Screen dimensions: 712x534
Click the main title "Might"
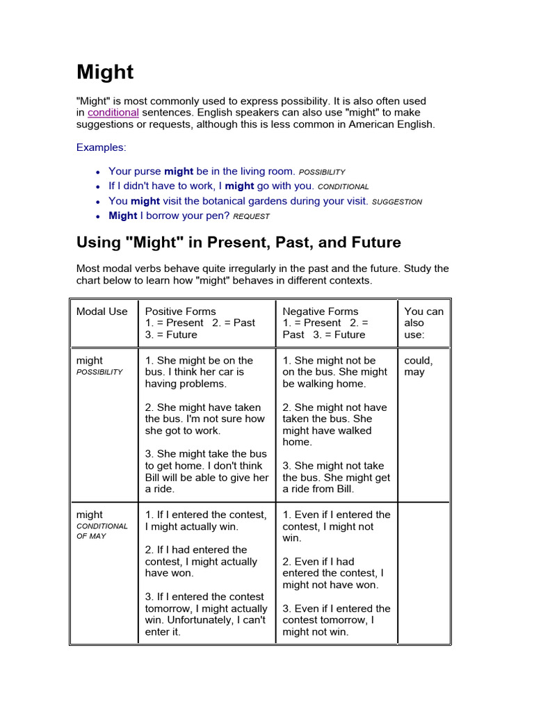point(105,72)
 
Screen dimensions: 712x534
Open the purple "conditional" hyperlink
point(113,113)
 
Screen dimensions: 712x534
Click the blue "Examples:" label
point(102,147)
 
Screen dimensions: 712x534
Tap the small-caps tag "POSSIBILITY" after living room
point(321,172)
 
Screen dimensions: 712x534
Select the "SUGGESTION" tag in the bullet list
point(397,202)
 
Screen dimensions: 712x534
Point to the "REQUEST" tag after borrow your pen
point(251,216)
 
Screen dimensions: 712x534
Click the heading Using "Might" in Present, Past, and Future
point(238,243)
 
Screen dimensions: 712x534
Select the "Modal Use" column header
point(102,311)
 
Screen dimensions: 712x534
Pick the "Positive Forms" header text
point(181,311)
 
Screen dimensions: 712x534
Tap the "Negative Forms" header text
point(321,311)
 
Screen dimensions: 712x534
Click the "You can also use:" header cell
point(423,323)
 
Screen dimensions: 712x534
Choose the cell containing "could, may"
point(419,366)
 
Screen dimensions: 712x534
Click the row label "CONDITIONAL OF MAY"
point(102,531)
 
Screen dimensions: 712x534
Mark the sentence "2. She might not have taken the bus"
point(337,424)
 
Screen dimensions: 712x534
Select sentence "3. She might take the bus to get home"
point(207,471)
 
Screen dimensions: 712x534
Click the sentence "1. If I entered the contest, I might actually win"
point(206,521)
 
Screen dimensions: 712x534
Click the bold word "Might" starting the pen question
point(123,216)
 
